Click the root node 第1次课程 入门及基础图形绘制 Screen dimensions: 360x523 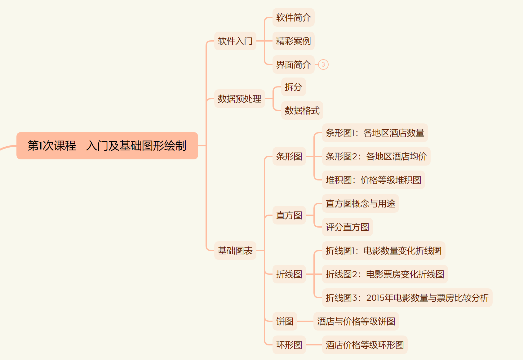tap(107, 146)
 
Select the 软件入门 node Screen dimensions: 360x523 tap(235, 41)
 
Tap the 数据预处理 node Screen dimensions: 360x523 tap(239, 99)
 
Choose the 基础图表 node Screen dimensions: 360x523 tap(235, 251)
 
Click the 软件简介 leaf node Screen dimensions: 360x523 tap(293, 17)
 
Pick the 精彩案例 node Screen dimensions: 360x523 tap(293, 41)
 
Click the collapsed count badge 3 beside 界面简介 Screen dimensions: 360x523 tap(323, 64)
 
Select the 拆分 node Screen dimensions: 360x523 tap(293, 87)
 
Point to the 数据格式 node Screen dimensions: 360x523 tap(302, 110)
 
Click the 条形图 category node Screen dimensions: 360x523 tap(289, 156)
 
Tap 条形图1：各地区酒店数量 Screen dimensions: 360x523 tap(375, 133)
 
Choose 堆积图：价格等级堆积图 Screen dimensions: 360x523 tap(373, 180)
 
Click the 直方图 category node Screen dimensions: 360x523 tap(289, 215)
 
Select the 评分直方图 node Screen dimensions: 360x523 tap(347, 227)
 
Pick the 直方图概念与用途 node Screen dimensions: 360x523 tap(360, 203)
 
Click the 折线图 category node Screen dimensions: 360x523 tap(289, 274)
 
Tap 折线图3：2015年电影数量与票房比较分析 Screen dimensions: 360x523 tap(407, 298)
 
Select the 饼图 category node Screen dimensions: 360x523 tap(285, 321)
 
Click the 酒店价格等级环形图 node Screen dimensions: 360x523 tap(365, 345)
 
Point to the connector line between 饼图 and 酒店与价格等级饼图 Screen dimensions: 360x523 tap(305, 321)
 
